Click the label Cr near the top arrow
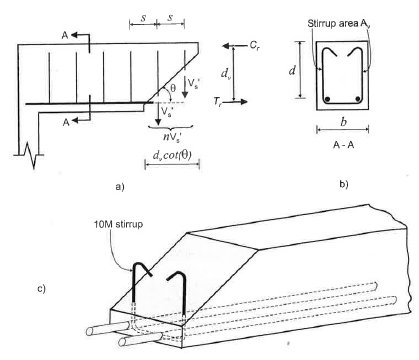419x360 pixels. [x=255, y=46]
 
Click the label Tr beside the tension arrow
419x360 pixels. [x=218, y=101]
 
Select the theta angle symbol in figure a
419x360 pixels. [x=173, y=88]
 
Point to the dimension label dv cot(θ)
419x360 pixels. [x=172, y=155]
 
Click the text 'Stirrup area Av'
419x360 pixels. [x=339, y=23]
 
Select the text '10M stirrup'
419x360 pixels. [x=118, y=224]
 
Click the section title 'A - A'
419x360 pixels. [x=343, y=145]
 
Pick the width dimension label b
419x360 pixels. [x=343, y=122]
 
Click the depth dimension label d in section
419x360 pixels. [x=292, y=70]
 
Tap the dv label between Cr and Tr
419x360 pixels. [x=225, y=73]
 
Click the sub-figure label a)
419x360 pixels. [x=120, y=186]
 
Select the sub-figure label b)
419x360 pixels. [x=344, y=184]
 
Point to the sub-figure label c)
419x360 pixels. [x=41, y=289]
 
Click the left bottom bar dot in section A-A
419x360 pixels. [x=328, y=99]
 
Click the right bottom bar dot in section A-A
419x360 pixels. [x=358, y=99]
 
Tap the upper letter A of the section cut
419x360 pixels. [x=65, y=35]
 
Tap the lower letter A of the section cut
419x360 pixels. [x=66, y=122]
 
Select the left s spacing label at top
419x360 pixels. [x=143, y=18]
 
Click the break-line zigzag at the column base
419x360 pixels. [x=32, y=155]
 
